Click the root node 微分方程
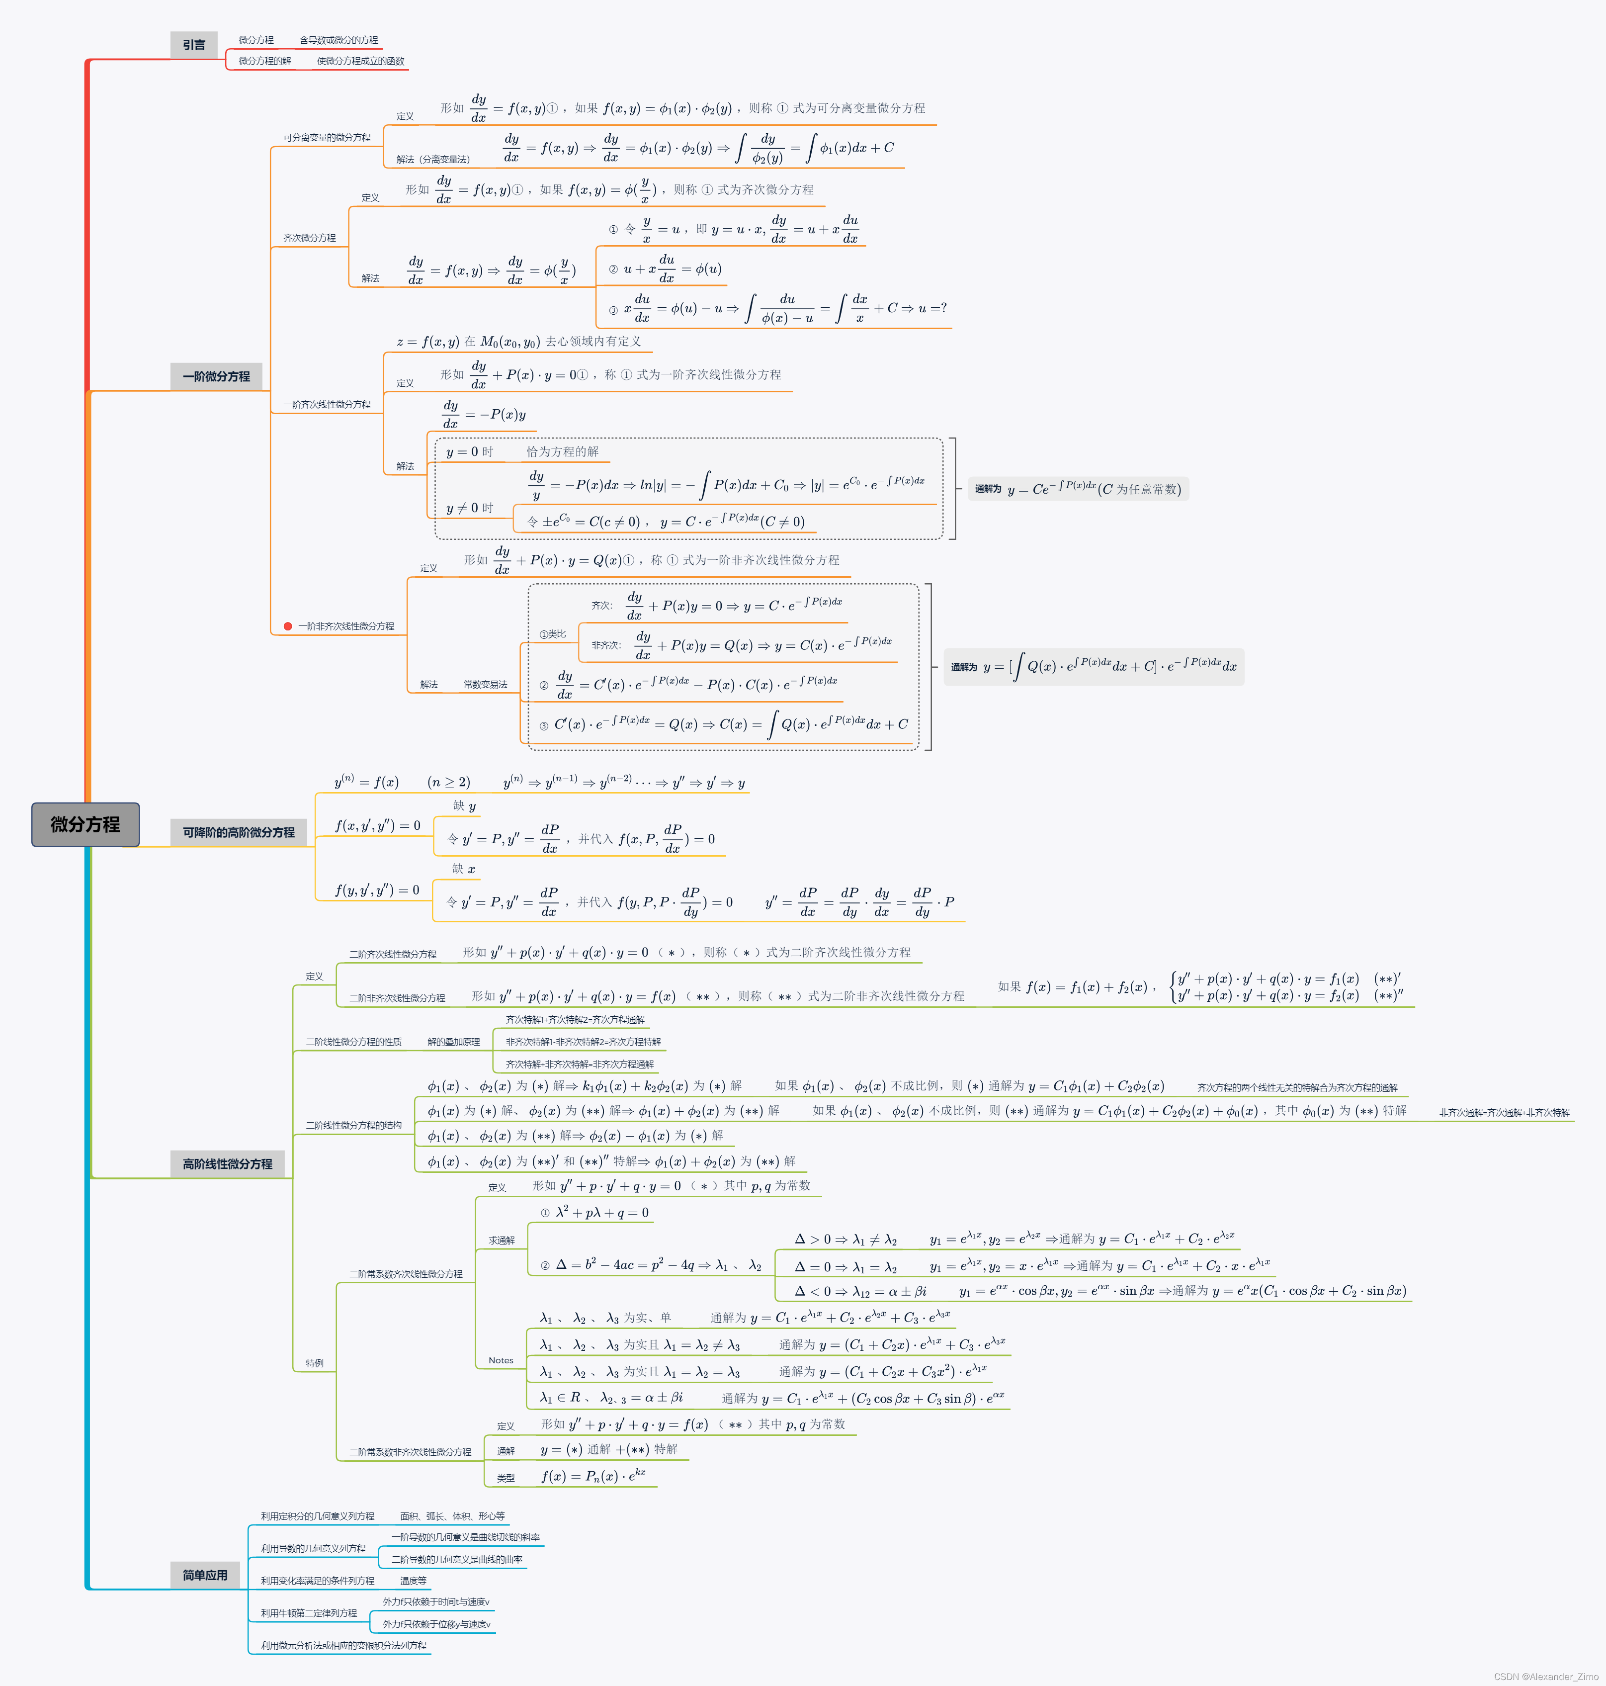coord(85,824)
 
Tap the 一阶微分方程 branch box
coord(216,376)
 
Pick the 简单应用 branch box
coord(205,1575)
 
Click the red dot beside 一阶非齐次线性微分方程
coord(288,626)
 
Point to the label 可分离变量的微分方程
coord(327,137)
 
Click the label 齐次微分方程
coord(309,238)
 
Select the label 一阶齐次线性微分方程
coord(327,404)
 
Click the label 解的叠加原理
coord(454,1042)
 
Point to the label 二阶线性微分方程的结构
coord(353,1125)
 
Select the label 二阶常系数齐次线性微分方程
coord(405,1274)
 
